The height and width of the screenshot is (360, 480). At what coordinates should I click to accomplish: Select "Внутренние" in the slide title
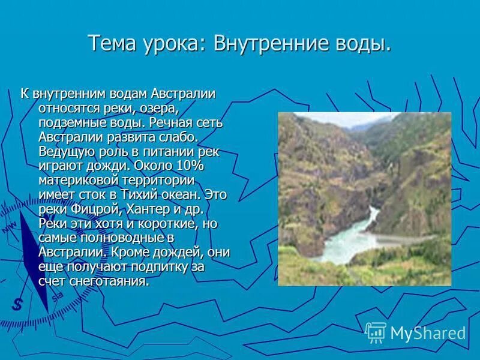(274, 44)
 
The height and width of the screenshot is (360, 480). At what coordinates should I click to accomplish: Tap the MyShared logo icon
(376, 333)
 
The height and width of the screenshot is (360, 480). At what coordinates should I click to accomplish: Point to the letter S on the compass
(18, 304)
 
